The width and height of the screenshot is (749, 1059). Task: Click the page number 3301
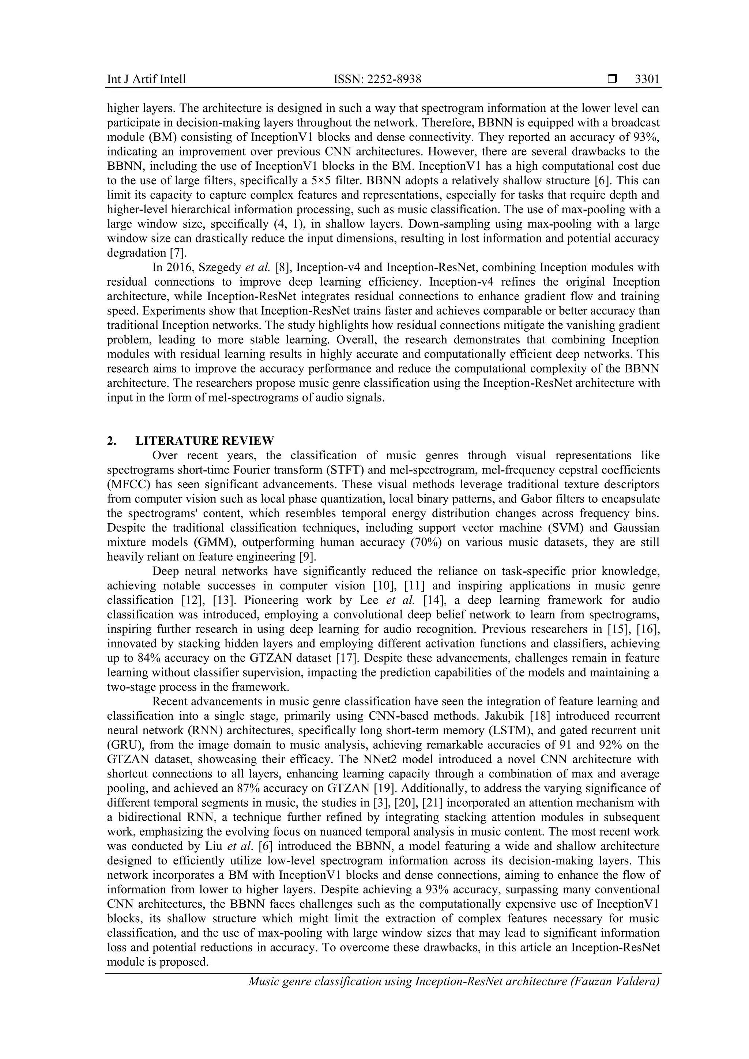tap(647, 79)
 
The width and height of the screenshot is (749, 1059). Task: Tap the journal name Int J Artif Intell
tap(146, 79)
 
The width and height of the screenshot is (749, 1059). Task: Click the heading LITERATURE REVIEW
tap(205, 441)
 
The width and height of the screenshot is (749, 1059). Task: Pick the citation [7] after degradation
tap(180, 253)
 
